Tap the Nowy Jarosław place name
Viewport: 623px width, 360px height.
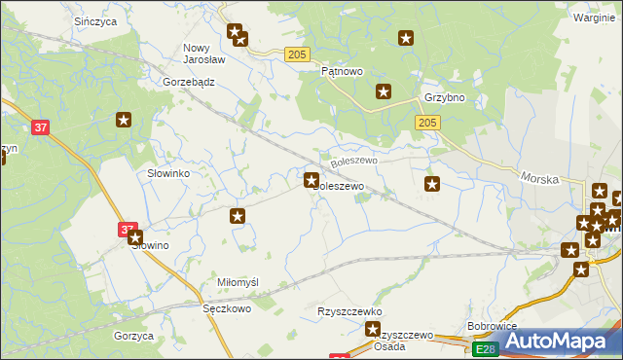[x=204, y=53]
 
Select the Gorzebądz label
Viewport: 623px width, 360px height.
[x=189, y=83]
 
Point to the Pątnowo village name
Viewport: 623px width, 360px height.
[x=342, y=72]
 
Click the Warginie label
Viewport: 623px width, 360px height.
[x=594, y=18]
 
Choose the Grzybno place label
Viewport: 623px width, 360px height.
[x=444, y=98]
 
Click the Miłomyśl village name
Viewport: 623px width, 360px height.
[x=238, y=282]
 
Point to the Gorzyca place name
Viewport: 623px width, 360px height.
[x=133, y=336]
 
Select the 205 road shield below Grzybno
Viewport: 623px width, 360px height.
[x=428, y=123]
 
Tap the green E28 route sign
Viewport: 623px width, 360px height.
[x=486, y=348]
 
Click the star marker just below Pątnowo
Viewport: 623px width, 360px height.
[x=385, y=92]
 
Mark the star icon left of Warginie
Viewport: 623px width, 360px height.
[x=406, y=39]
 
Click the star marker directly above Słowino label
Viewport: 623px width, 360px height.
[x=135, y=236]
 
